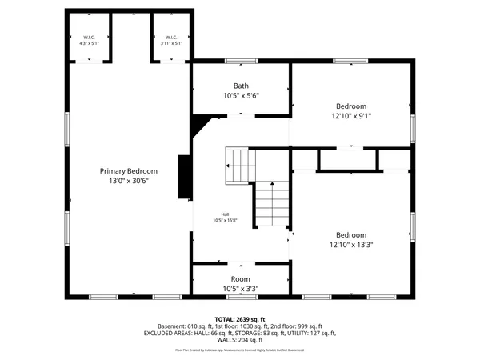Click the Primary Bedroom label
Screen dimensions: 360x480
coord(128,171)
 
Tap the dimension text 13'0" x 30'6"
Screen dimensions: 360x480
coord(128,181)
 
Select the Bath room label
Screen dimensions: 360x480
coord(241,86)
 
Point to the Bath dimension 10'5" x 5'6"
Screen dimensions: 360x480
coord(241,95)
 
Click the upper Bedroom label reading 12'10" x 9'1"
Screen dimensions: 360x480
coord(351,106)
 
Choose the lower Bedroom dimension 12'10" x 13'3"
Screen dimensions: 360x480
coord(351,245)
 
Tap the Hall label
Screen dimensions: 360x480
coord(227,214)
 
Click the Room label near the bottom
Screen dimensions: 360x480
coord(241,278)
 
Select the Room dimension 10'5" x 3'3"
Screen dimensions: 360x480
coord(241,288)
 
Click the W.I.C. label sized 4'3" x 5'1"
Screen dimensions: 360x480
coord(88,38)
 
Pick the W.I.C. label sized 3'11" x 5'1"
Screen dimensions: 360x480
coord(170,38)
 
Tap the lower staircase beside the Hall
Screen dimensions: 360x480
coord(272,204)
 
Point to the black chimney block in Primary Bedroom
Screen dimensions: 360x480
coord(186,176)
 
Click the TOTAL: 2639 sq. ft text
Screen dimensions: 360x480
coord(241,318)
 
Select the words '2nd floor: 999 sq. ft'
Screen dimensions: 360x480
coord(296,326)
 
